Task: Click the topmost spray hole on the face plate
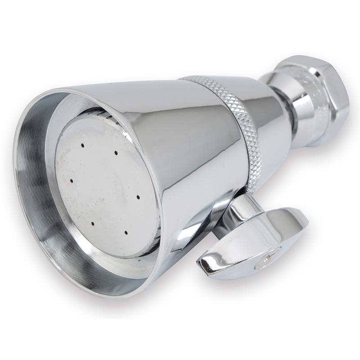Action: click(83, 145)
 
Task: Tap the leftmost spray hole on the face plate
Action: click(72, 181)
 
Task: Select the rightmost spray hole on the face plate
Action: click(138, 197)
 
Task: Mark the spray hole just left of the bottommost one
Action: click(92, 223)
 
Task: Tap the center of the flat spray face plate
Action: click(106, 189)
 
